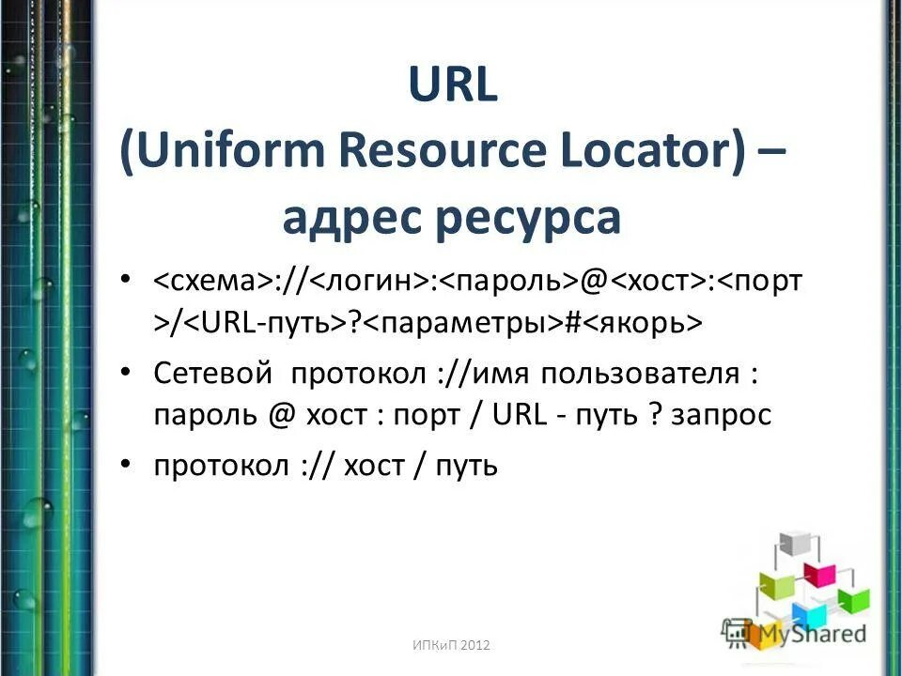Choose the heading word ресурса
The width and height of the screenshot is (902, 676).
(x=527, y=218)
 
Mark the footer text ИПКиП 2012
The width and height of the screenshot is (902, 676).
(x=451, y=644)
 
